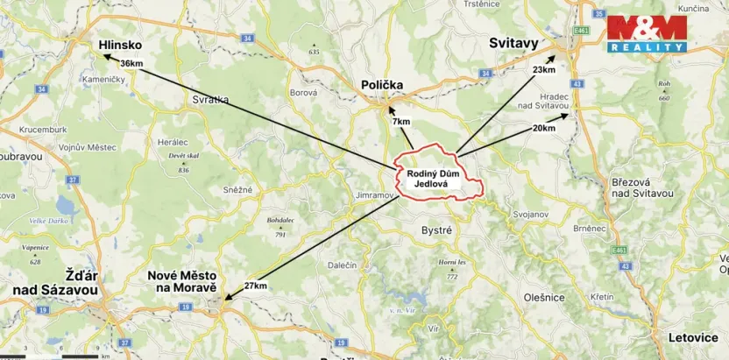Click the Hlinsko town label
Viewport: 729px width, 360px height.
[x=120, y=44]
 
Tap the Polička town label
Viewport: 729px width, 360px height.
[x=382, y=84]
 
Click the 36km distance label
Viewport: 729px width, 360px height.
[x=131, y=63]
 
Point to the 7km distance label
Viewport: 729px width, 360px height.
[x=401, y=121]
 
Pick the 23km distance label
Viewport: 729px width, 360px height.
[x=543, y=69]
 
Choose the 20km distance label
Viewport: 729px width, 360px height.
[x=543, y=128]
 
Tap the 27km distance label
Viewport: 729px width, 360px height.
[x=255, y=286]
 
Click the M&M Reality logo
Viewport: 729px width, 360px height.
[x=647, y=33]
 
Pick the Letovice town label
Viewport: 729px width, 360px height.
[x=692, y=335]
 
